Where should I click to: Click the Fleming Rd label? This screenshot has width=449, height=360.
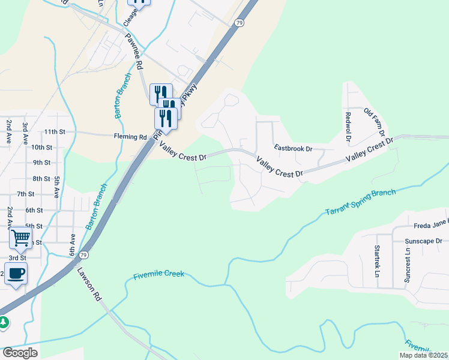(x=130, y=137)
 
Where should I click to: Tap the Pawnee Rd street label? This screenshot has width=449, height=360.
(x=133, y=50)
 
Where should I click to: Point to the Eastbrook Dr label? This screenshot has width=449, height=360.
(x=294, y=148)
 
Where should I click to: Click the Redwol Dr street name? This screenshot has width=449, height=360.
(x=348, y=127)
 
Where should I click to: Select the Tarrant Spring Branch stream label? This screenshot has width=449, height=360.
(x=360, y=203)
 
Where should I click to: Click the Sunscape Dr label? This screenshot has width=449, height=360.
(x=423, y=241)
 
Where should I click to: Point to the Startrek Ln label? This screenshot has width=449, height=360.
(x=378, y=261)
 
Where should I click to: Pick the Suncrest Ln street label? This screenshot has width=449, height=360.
(x=408, y=265)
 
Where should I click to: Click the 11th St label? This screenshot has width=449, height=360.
(x=54, y=131)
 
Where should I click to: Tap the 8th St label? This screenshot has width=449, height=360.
(x=41, y=179)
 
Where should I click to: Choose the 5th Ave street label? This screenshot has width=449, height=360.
(x=57, y=187)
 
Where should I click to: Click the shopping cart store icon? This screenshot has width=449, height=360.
(x=20, y=238)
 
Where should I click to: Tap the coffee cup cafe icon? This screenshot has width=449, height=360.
(x=16, y=273)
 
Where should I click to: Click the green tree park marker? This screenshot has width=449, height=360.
(x=4, y=322)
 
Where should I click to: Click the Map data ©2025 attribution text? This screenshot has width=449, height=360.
(x=424, y=355)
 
